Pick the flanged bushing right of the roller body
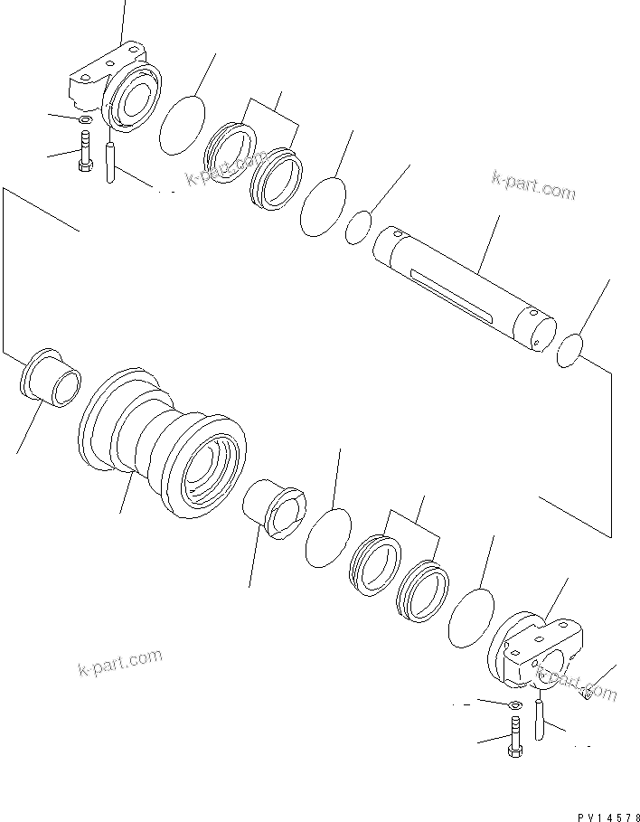coord(275,509)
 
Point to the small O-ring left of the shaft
coord(358,227)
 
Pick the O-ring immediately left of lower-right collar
coord(470,617)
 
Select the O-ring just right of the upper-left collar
coord(182,125)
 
